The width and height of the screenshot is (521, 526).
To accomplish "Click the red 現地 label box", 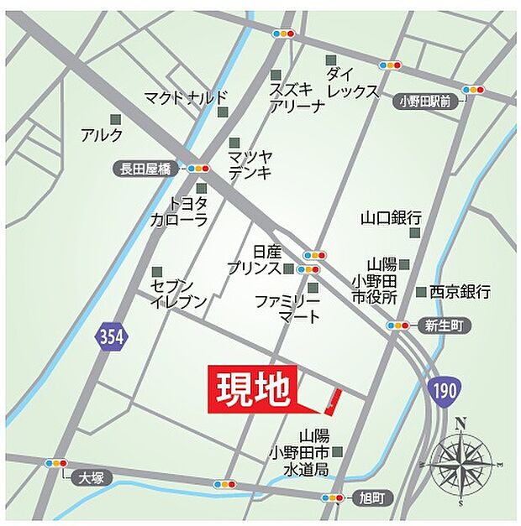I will (x=251, y=388).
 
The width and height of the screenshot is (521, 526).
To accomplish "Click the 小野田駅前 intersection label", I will (x=426, y=102).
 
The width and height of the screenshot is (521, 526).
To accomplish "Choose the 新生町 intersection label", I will (x=442, y=325).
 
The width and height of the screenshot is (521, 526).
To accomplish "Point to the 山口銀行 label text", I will (x=391, y=217).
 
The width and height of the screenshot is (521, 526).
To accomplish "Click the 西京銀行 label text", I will (x=460, y=292).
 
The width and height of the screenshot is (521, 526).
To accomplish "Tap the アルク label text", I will (x=102, y=134).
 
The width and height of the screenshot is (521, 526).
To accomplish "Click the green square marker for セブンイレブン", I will (x=157, y=272).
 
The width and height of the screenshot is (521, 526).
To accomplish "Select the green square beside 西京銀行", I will (x=420, y=292).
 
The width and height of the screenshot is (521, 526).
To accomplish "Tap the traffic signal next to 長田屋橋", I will (x=198, y=169).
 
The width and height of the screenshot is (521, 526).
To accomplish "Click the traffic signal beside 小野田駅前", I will (x=474, y=89).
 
